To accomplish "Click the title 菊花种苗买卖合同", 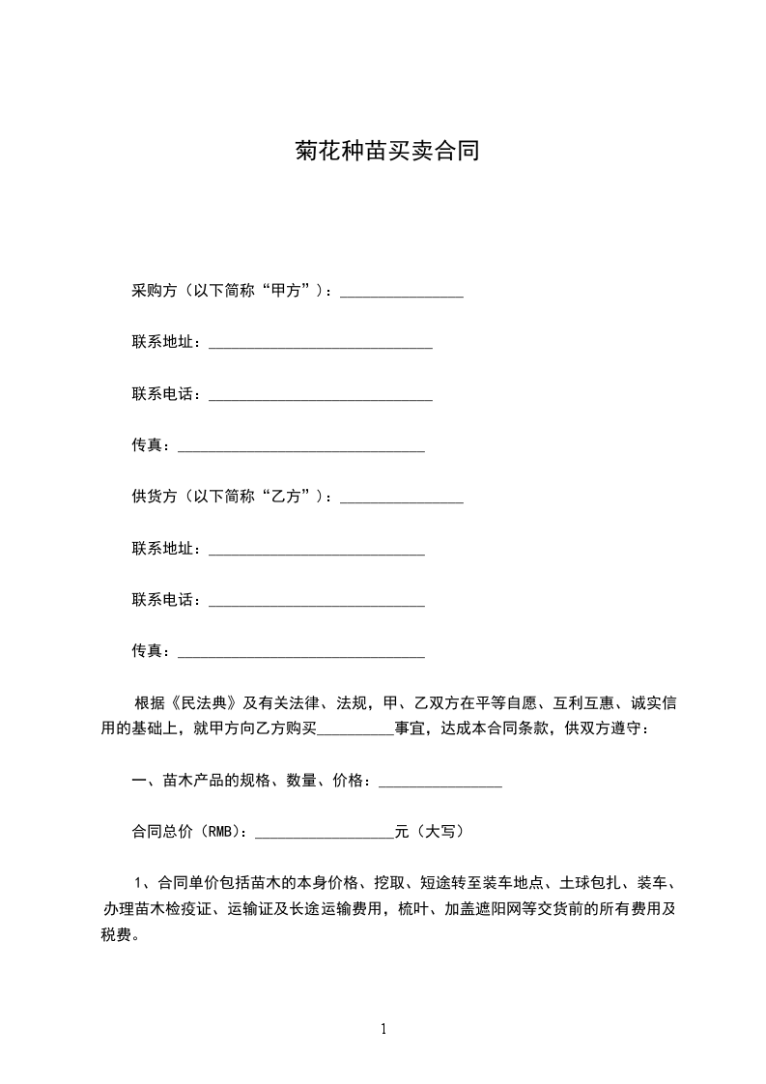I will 386,153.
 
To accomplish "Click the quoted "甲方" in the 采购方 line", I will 291,291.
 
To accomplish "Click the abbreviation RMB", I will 222,831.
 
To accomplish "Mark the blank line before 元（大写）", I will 324,833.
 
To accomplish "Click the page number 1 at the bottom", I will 383,1030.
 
